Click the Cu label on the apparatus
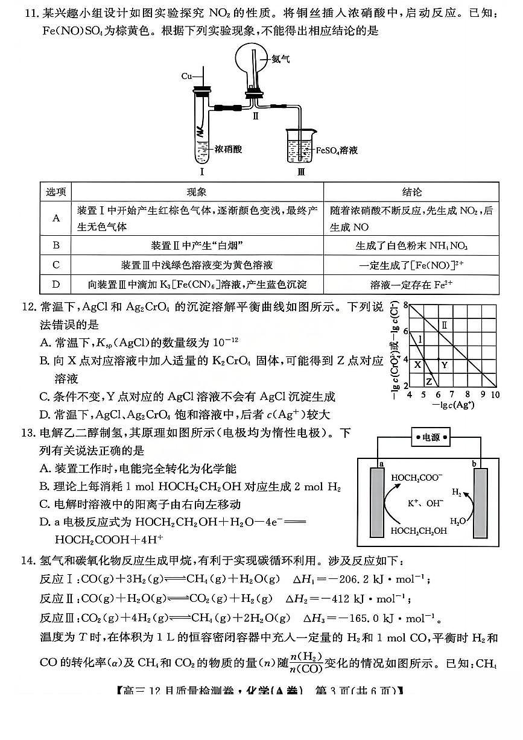click(x=186, y=77)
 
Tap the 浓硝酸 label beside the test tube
click(x=227, y=148)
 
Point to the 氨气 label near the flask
click(x=281, y=59)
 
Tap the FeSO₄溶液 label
click(x=337, y=149)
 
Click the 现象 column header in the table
click(x=197, y=192)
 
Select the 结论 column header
click(x=411, y=192)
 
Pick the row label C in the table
click(x=56, y=265)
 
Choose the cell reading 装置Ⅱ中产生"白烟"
click(x=197, y=245)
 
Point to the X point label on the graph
click(x=416, y=364)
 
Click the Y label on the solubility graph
click(x=444, y=365)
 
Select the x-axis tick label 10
click(x=495, y=394)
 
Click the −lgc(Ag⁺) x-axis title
click(x=452, y=405)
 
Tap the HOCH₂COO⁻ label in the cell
click(x=416, y=477)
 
